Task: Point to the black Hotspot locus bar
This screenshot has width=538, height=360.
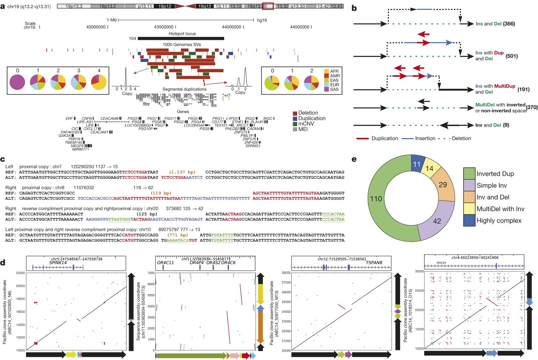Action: [x=181, y=38]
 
